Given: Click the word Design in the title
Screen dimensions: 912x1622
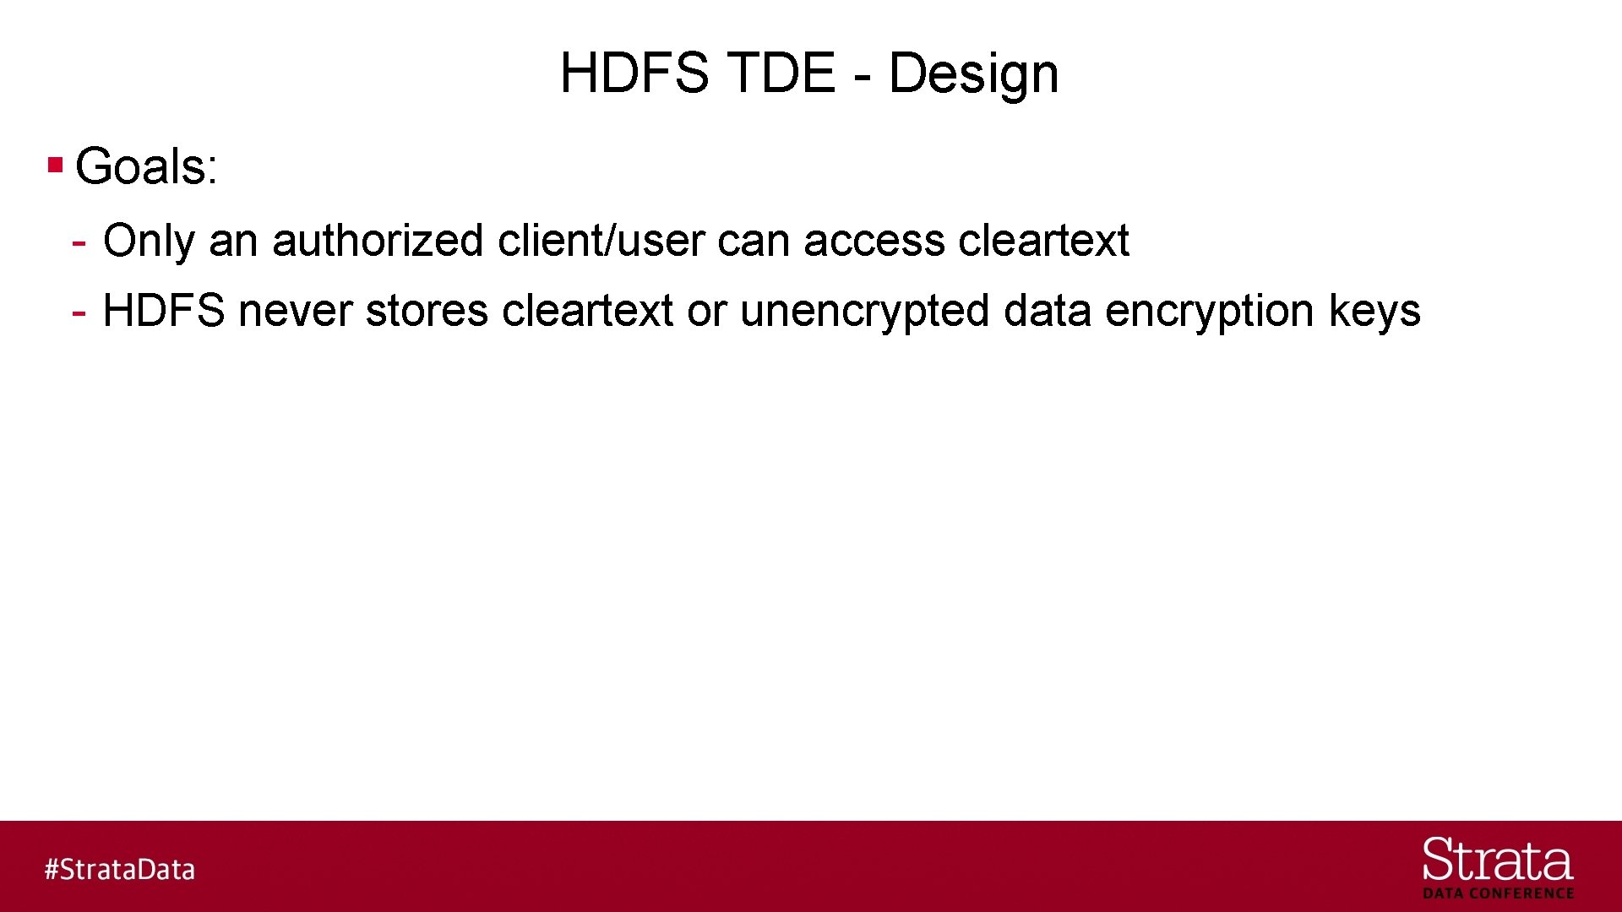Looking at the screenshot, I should point(973,74).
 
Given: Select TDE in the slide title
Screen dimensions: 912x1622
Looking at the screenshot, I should point(781,73).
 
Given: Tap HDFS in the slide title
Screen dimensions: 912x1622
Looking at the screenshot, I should point(634,73).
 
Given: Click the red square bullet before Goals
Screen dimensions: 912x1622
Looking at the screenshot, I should point(56,164).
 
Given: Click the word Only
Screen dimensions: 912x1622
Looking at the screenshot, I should point(149,241).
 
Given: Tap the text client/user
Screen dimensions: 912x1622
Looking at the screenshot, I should point(600,241).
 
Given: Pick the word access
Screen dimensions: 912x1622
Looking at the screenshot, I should point(874,241).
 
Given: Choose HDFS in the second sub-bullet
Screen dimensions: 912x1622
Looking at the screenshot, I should point(164,311).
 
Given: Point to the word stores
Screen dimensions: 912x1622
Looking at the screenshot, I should point(427,311).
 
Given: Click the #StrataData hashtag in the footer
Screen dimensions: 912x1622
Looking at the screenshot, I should point(120,870).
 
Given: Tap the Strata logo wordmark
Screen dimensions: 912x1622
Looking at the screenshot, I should point(1497,861).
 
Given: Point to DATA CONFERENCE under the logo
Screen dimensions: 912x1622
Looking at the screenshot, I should point(1498,893).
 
